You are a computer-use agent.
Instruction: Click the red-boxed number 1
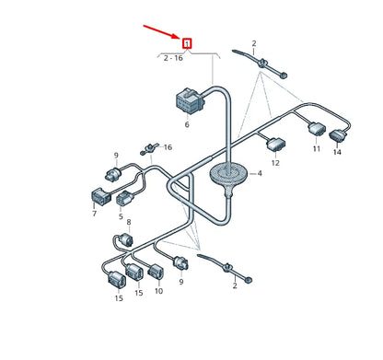tap(188, 42)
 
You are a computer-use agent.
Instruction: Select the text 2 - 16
tap(173, 58)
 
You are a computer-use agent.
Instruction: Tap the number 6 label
tap(186, 124)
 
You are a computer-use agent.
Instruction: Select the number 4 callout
tap(260, 172)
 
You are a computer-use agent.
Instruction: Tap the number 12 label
tap(275, 163)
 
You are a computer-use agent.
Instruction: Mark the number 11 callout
tap(316, 149)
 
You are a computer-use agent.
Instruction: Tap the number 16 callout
tap(168, 147)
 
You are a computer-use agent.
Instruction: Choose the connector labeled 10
tap(157, 271)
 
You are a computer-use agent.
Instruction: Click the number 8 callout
tap(129, 223)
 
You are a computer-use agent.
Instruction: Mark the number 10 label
tap(158, 291)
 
